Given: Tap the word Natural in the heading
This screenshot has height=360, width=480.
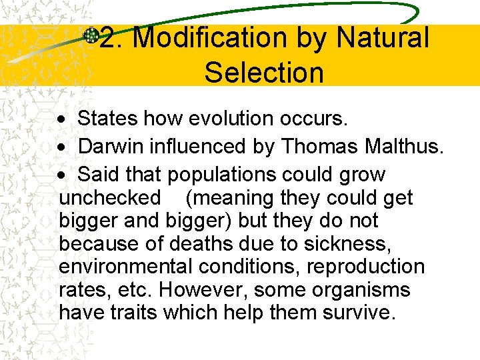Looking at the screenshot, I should (383, 38).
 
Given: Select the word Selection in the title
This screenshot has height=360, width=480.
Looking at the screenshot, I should (264, 72).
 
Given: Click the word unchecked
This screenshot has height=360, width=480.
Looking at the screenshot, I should (110, 198).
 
